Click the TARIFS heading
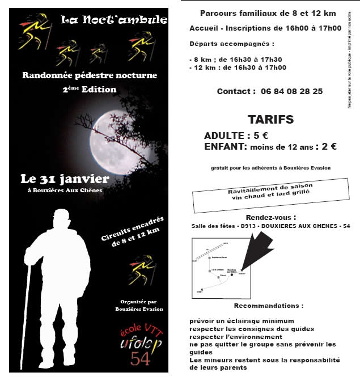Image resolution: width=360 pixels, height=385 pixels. click(270, 120)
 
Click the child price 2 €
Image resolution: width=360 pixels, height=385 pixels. click(329, 146)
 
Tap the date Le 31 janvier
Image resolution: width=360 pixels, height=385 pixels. click(65, 179)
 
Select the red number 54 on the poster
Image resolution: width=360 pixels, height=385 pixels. click(140, 358)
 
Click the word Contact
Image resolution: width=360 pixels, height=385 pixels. click(232, 91)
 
